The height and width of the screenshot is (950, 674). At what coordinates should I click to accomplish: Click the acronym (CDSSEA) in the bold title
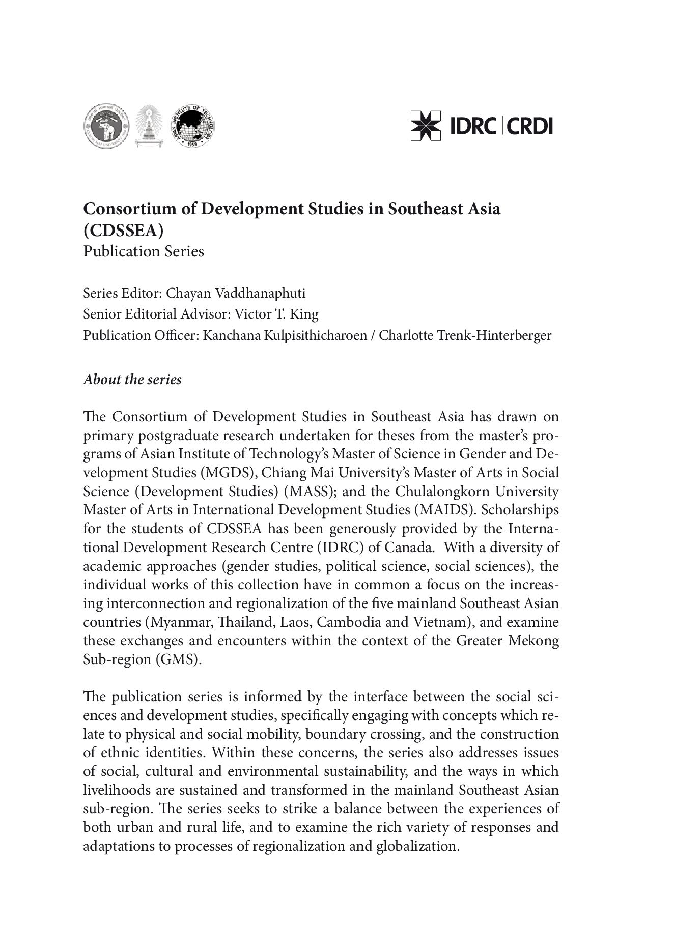(124, 231)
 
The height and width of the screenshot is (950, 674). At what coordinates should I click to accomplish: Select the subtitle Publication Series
(144, 251)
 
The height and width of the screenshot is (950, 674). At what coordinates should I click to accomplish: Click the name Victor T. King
(276, 314)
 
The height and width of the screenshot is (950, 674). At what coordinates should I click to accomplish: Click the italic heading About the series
(132, 380)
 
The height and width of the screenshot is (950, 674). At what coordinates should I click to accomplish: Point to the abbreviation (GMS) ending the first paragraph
(178, 659)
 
